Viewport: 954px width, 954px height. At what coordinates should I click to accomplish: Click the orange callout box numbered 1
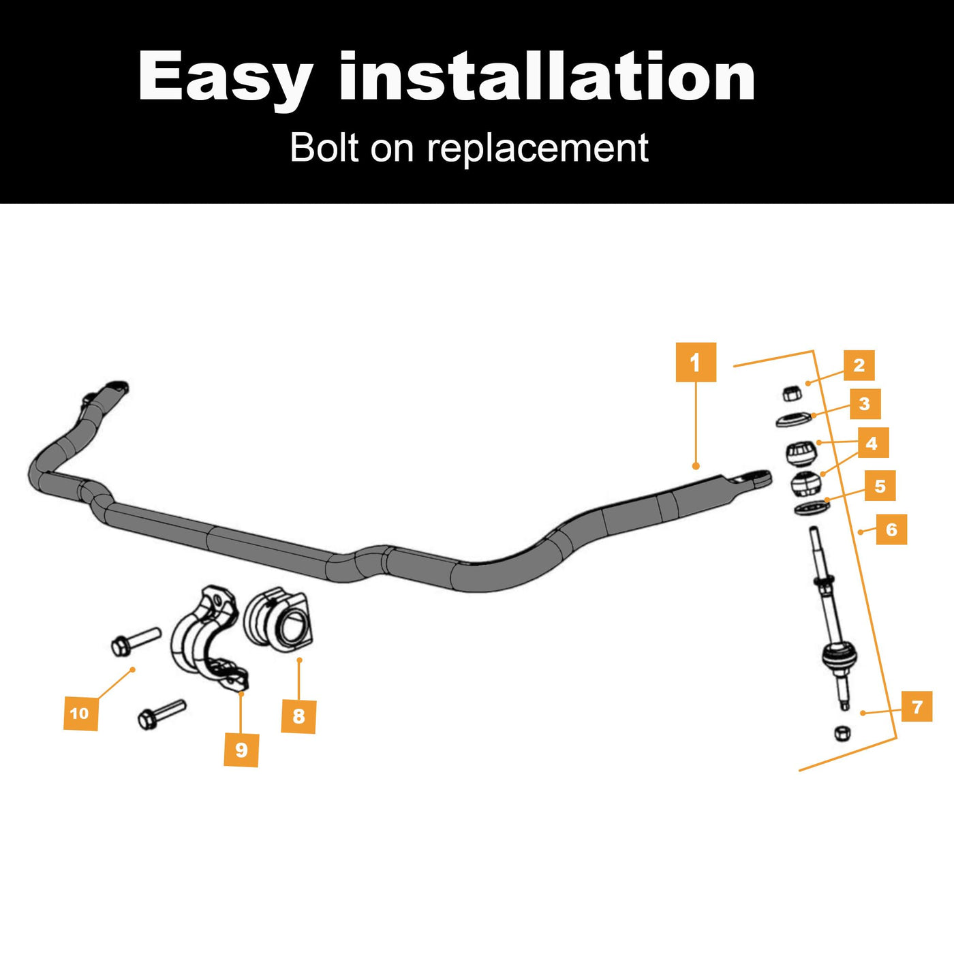pyautogui.click(x=696, y=363)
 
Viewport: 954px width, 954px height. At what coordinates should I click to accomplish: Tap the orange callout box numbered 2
pyautogui.click(x=859, y=365)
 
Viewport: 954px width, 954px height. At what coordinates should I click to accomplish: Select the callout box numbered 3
pyautogui.click(x=865, y=404)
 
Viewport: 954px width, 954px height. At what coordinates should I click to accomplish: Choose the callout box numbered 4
pyautogui.click(x=872, y=444)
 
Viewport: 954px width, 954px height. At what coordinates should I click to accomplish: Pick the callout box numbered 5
pyautogui.click(x=880, y=486)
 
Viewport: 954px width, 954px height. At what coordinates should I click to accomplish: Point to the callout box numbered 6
pyautogui.click(x=891, y=529)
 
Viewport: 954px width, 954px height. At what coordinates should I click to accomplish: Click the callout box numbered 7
pyautogui.click(x=917, y=707)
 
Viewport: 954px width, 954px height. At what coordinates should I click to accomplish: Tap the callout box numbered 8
pyautogui.click(x=298, y=715)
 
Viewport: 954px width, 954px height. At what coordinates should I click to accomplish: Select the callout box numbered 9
pyautogui.click(x=241, y=750)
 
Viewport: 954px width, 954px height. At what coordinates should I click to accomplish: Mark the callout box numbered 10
pyautogui.click(x=80, y=713)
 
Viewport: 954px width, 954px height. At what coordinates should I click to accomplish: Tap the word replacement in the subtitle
pyautogui.click(x=537, y=148)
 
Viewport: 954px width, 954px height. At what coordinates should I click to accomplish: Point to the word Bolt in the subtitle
pyautogui.click(x=324, y=147)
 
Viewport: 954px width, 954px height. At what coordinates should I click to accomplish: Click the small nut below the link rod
pyautogui.click(x=842, y=733)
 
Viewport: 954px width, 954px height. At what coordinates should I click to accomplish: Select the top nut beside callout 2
pyautogui.click(x=790, y=393)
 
